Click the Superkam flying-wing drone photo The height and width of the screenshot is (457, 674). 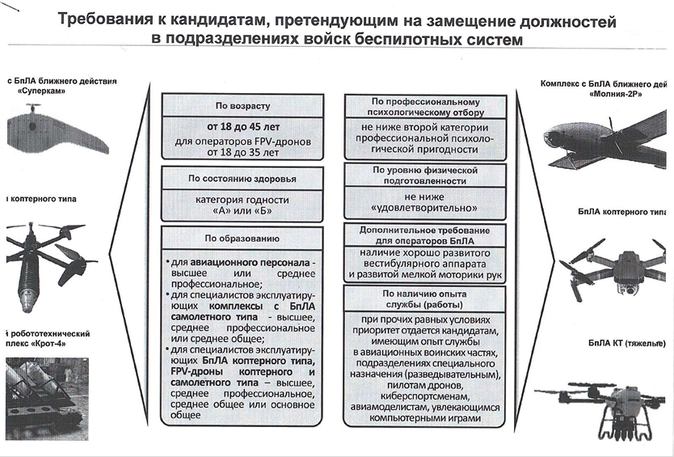click(57, 132)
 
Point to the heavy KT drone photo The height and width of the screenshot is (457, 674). click(606, 404)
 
